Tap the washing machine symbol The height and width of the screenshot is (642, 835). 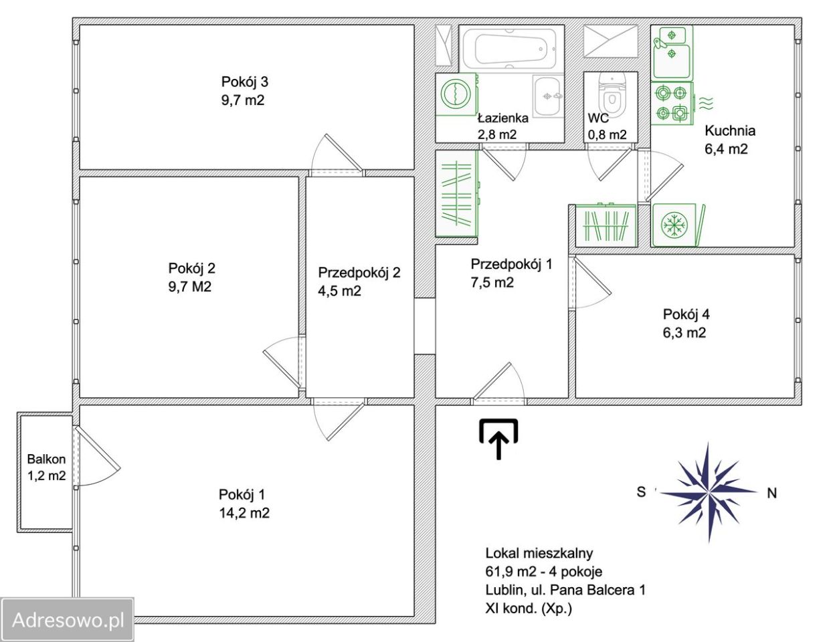coord(456,94)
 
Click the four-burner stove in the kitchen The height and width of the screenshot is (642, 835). coord(672,103)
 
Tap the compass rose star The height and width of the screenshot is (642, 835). coord(708,492)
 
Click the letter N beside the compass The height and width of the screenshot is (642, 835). coord(772,493)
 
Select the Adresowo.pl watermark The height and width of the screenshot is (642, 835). coord(68,619)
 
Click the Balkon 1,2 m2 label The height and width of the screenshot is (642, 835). coord(46,467)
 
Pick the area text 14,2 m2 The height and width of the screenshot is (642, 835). coord(244,513)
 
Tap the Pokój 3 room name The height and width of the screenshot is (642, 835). coord(245,82)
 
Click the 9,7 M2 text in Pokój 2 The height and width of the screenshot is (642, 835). coord(190,286)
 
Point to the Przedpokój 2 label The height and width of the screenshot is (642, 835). coord(359,273)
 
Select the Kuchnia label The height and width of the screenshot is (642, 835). coord(730,131)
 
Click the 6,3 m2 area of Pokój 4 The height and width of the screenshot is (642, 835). coord(684,332)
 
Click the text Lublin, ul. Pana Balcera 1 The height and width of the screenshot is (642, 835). coord(565,590)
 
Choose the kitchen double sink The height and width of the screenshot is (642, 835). coord(672,53)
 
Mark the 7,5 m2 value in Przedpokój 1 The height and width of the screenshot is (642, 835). coord(492,283)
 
